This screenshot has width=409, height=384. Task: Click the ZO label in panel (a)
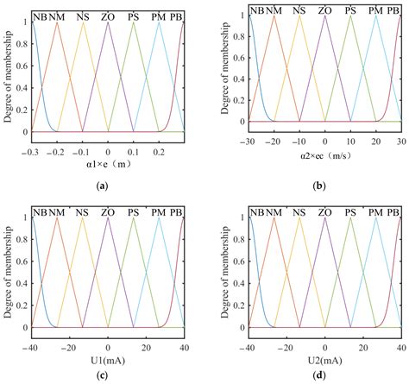[108, 15]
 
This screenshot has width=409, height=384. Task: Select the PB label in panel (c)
[177, 212]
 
